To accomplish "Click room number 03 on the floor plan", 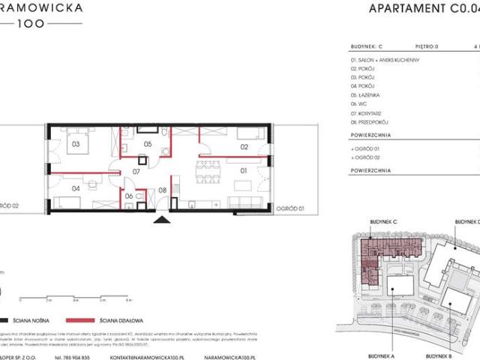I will [x=76, y=144].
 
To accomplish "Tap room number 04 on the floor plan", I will [x=76, y=188].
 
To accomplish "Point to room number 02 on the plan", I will [x=244, y=147].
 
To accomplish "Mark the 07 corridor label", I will [x=136, y=172].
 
